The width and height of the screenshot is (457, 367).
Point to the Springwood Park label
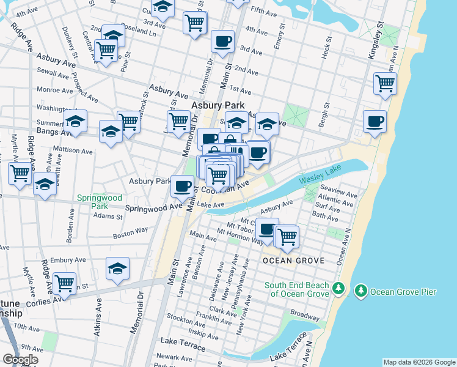(x=100, y=202)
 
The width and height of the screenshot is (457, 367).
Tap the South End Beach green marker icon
(x=341, y=288)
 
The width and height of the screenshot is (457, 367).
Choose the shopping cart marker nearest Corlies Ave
(x=64, y=283)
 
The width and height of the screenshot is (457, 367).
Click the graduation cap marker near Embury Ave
(x=117, y=268)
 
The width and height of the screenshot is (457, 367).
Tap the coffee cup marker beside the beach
(x=374, y=120)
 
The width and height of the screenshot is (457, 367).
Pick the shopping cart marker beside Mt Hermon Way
(x=287, y=235)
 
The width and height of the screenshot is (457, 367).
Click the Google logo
(x=20, y=360)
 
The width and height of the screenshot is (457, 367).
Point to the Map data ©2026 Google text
(x=419, y=362)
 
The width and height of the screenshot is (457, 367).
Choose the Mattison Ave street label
(x=73, y=149)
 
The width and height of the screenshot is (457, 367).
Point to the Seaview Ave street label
(x=337, y=190)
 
